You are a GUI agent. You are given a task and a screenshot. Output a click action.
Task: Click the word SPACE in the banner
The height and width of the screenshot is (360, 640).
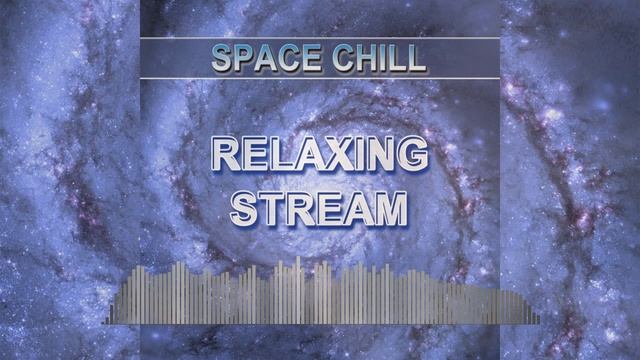pos(263,59)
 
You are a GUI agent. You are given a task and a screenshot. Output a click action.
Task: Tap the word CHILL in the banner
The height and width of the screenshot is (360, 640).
pos(376,59)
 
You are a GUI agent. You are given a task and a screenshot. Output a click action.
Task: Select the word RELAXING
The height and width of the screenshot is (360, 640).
pos(319,156)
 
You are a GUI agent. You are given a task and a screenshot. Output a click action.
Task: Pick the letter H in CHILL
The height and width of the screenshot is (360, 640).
pos(362,59)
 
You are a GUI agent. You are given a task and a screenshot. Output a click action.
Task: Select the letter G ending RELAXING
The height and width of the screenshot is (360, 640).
pos(411,156)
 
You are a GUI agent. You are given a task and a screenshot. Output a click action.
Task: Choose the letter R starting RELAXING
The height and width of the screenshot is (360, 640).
pos(227,156)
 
